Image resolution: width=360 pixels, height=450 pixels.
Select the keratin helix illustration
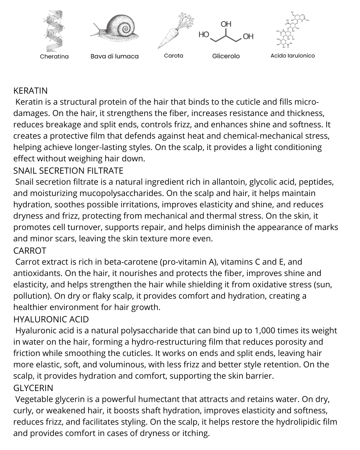pos(54,30)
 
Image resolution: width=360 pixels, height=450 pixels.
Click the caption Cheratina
pos(54,56)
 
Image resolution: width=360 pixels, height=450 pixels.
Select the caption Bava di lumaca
pos(114,56)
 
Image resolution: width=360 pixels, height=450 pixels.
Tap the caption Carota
pos(173,56)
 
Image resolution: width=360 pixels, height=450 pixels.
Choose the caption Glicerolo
pos(226,56)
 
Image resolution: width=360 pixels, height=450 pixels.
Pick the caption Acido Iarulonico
pos(292,56)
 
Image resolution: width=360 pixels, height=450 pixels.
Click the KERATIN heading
pos(30,91)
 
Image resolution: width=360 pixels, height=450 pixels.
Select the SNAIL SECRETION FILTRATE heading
pos(68,171)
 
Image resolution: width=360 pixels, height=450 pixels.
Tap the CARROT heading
pos(30,251)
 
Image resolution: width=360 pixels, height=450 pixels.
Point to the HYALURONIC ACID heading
pos(51,319)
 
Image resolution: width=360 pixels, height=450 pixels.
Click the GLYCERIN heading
pos(33,388)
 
